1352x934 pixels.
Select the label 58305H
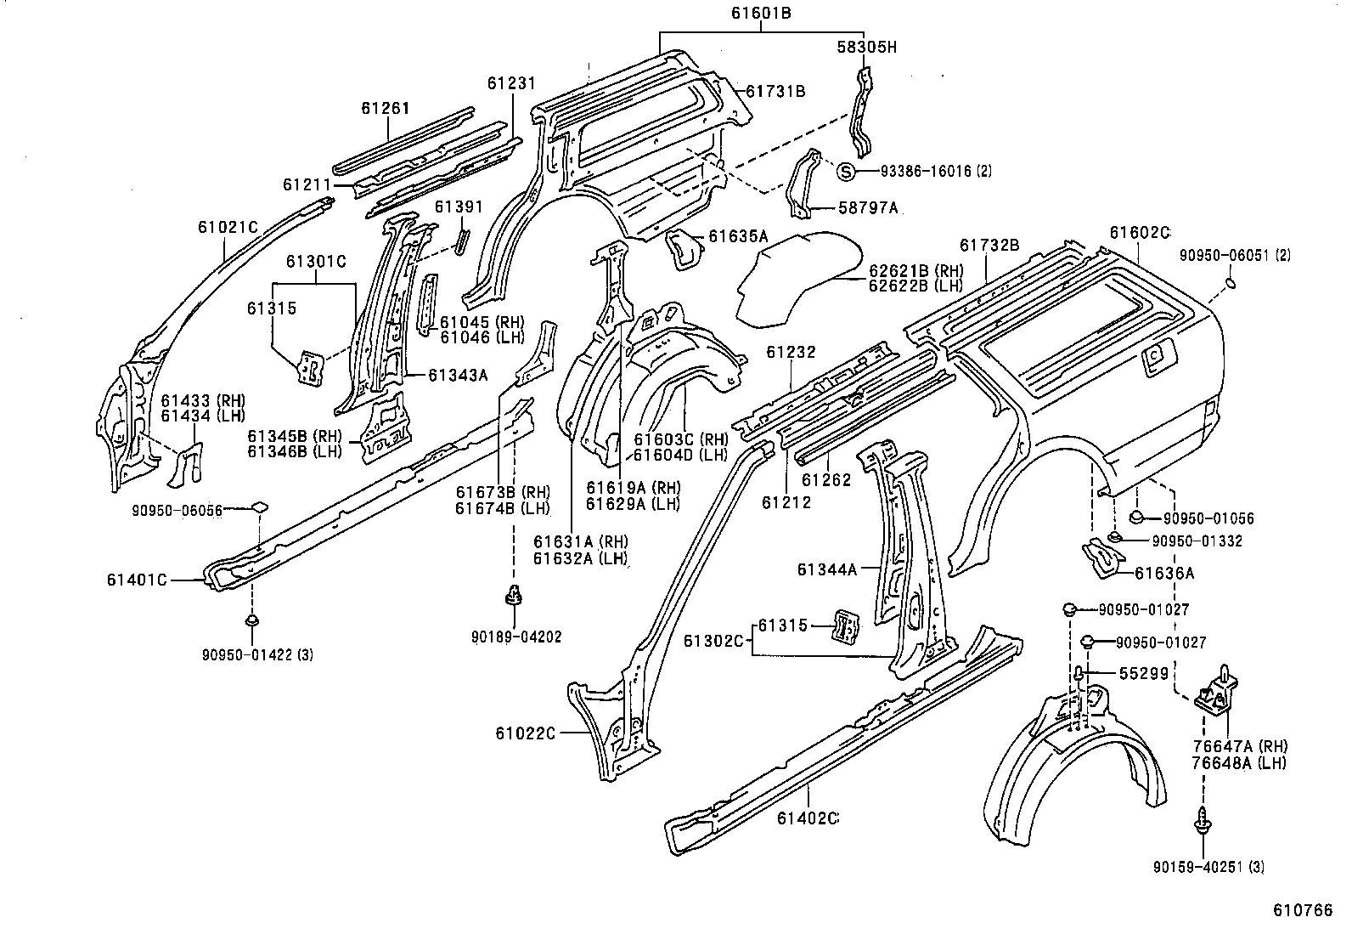865,48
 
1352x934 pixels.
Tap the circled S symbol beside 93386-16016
846,171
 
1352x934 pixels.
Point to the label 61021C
228,227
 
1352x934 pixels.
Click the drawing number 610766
1302,910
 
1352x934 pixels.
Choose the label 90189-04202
517,636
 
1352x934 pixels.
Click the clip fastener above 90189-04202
513,595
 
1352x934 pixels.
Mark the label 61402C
808,818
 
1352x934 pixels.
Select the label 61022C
525,733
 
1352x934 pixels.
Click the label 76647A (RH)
1239,746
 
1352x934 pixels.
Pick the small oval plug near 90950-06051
1234,282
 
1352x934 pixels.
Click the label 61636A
1164,573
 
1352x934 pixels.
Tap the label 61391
459,207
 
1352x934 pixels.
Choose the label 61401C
138,580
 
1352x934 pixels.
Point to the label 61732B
989,245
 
